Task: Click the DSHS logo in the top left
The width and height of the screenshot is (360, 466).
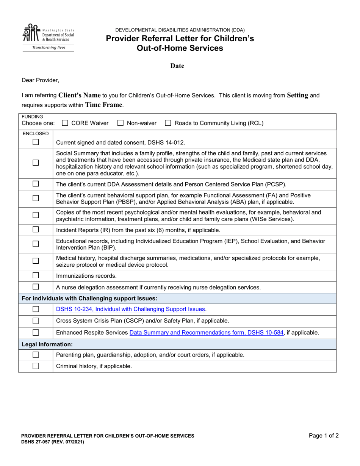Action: click(x=48, y=37)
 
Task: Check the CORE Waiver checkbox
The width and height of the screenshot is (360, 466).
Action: click(x=65, y=123)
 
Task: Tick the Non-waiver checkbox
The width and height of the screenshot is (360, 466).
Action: click(x=121, y=123)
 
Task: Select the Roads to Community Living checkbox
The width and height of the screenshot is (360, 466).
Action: click(x=168, y=123)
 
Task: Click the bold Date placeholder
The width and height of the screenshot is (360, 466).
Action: click(x=177, y=66)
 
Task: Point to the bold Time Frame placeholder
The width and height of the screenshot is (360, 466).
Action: click(x=104, y=105)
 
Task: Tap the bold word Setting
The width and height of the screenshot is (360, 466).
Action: click(x=297, y=95)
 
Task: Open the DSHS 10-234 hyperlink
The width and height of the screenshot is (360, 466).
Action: click(x=130, y=309)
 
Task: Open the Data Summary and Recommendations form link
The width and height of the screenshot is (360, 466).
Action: click(x=207, y=333)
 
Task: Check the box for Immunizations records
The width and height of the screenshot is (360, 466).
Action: click(x=36, y=275)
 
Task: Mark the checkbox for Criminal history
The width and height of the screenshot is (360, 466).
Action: click(x=36, y=366)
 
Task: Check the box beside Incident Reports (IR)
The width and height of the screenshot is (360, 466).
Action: click(x=36, y=230)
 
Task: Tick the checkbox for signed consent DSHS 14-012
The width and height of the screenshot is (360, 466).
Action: click(x=36, y=142)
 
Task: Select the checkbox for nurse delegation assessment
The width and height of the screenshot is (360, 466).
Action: click(x=36, y=287)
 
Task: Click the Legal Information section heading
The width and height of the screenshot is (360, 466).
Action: click(x=47, y=344)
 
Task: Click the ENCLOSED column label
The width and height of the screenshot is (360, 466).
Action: click(x=36, y=134)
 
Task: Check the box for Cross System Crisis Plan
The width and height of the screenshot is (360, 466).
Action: click(x=36, y=321)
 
